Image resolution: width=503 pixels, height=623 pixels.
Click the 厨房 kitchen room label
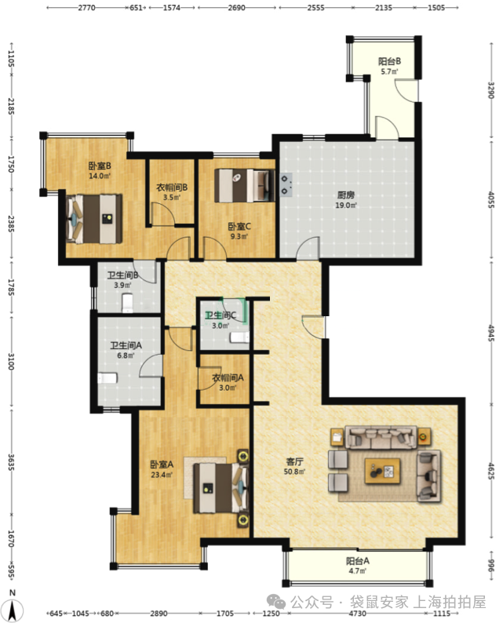345,195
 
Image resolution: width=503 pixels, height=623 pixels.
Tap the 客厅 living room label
294,461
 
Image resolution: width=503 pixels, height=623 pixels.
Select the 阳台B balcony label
389,61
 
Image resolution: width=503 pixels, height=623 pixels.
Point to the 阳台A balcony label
358,561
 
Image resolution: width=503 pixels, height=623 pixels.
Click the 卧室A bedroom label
162,464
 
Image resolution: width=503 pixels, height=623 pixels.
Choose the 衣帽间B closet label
172,188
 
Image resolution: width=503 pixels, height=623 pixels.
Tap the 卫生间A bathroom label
126,345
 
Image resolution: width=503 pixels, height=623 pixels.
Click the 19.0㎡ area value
346,206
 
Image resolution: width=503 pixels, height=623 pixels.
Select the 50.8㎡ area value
294,472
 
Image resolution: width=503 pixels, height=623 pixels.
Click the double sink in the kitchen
286,184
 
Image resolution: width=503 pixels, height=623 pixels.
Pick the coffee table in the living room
382,472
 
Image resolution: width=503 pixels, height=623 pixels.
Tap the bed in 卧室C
245,185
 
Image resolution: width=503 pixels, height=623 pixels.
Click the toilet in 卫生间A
108,378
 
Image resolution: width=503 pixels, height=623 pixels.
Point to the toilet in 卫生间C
239,337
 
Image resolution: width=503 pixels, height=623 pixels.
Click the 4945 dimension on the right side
492,333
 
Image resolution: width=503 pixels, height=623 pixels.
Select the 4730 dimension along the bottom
358,614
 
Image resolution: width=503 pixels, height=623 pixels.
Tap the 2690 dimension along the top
236,8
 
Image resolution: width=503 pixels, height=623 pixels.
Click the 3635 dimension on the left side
11,463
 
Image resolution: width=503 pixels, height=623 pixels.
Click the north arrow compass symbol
13,607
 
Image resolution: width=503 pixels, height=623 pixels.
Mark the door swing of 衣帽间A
210,377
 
